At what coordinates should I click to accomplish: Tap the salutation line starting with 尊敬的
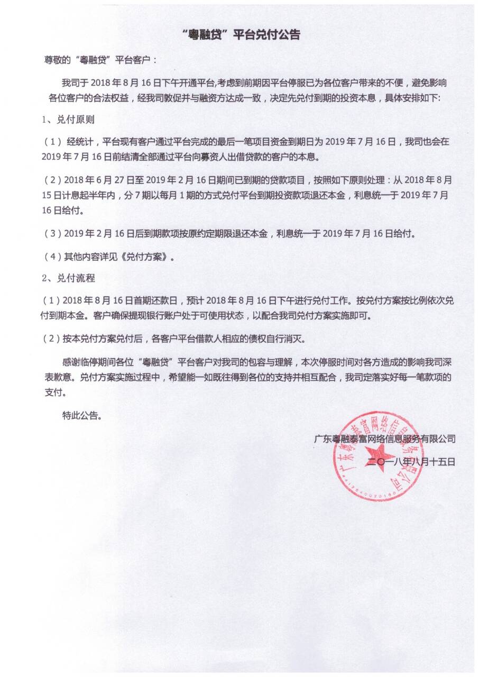click(100, 60)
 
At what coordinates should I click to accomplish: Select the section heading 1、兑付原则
click(68, 120)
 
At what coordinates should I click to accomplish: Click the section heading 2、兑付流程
click(68, 278)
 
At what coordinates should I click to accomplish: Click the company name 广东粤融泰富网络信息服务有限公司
click(384, 438)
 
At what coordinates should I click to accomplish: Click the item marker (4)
click(52, 258)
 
